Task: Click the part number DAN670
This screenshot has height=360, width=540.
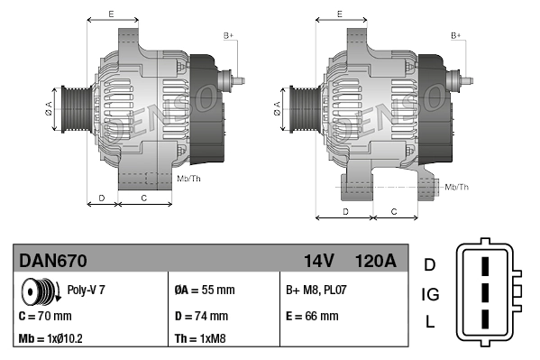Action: click(53, 262)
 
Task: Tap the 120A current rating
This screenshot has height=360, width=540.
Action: click(375, 262)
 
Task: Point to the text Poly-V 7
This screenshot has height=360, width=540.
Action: click(87, 291)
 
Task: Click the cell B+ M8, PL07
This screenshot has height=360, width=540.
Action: click(316, 291)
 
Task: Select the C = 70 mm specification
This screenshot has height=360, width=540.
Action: click(45, 317)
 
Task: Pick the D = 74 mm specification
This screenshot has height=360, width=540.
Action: click(201, 317)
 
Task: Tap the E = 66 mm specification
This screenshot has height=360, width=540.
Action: click(312, 317)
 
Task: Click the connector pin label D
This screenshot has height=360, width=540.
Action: click(430, 264)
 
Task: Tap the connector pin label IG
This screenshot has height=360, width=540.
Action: click(430, 294)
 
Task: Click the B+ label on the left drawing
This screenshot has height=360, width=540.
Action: click(228, 34)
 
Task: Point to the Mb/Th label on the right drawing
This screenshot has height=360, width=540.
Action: click(457, 187)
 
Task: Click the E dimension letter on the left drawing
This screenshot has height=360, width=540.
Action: click(111, 14)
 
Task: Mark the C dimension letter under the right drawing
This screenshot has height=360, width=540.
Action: click(394, 210)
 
